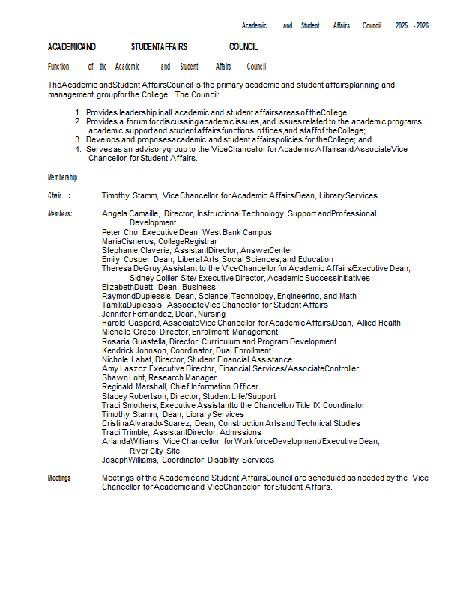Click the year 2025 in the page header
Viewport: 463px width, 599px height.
[x=402, y=25]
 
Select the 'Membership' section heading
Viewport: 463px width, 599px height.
[x=62, y=177]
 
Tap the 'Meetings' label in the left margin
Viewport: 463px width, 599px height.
[x=59, y=478]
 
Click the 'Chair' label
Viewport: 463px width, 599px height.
[x=55, y=195]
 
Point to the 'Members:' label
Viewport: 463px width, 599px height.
[x=60, y=214]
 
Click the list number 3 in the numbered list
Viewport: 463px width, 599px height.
[x=78, y=140]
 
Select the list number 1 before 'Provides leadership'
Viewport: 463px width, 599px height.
[x=78, y=112]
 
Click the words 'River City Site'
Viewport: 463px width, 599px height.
[x=154, y=451]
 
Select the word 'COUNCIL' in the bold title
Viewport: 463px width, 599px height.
[x=243, y=46]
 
